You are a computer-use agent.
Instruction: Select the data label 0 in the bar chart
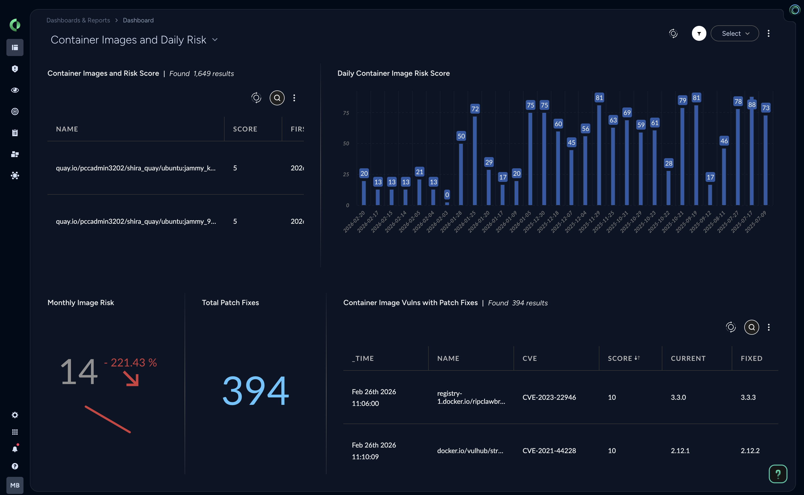(447, 195)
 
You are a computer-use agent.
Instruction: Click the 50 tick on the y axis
(346, 143)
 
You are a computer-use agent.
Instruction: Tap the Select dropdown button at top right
(735, 33)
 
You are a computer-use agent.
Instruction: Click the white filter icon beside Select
(699, 33)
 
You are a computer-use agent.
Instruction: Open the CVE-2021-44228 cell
(549, 450)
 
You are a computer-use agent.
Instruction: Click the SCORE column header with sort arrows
(623, 358)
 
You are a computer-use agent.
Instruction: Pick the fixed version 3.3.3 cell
(748, 397)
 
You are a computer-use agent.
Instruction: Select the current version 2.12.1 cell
(680, 450)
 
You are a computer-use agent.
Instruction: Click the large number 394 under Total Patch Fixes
(256, 390)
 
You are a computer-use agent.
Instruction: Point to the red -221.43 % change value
(130, 362)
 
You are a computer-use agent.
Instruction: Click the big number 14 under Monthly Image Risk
(79, 372)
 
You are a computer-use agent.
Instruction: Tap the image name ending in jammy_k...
(136, 168)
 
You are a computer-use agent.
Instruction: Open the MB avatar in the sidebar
(15, 485)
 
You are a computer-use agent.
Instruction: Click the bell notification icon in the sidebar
(15, 449)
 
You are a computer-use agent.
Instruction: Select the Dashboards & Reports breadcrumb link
(78, 20)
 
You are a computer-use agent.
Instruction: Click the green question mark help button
(778, 474)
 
